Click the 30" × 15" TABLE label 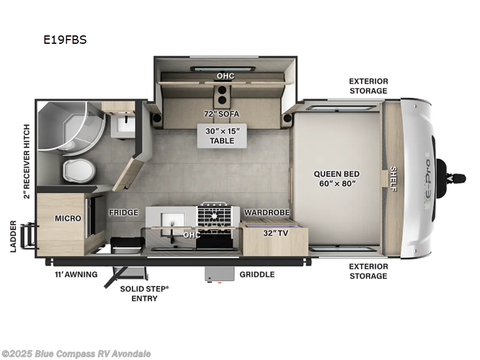(222, 136)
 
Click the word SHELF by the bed (394, 178)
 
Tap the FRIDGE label (124, 212)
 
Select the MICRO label (68, 218)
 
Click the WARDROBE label (267, 212)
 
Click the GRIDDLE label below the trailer (257, 274)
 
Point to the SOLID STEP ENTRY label (144, 293)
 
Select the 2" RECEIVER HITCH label (26, 161)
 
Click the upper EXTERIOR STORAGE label (368, 86)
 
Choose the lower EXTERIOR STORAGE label (368, 271)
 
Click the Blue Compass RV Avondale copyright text (77, 353)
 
